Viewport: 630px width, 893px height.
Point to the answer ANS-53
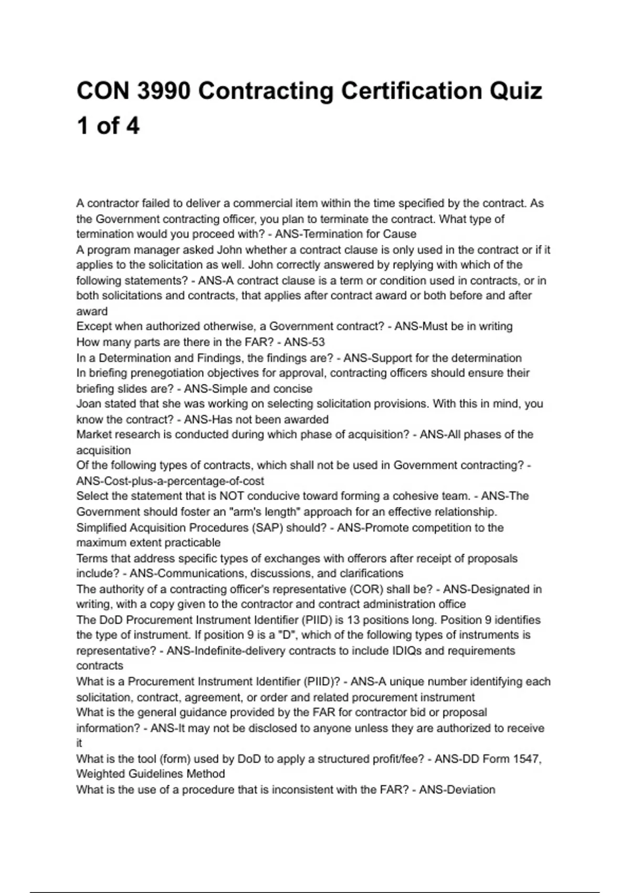304,342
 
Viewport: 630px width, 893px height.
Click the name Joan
89,404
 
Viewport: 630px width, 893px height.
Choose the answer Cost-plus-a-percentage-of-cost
170,481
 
